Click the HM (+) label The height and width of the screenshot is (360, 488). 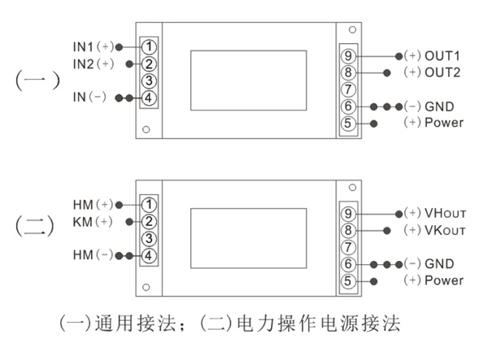93,204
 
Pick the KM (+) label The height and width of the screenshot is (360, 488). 93,221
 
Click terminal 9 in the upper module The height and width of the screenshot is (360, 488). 348,56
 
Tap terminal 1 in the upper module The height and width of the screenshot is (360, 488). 150,46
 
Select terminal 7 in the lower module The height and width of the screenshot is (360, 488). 348,247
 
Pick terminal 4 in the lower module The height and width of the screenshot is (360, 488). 150,256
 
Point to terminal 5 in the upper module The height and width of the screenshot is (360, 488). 348,124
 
